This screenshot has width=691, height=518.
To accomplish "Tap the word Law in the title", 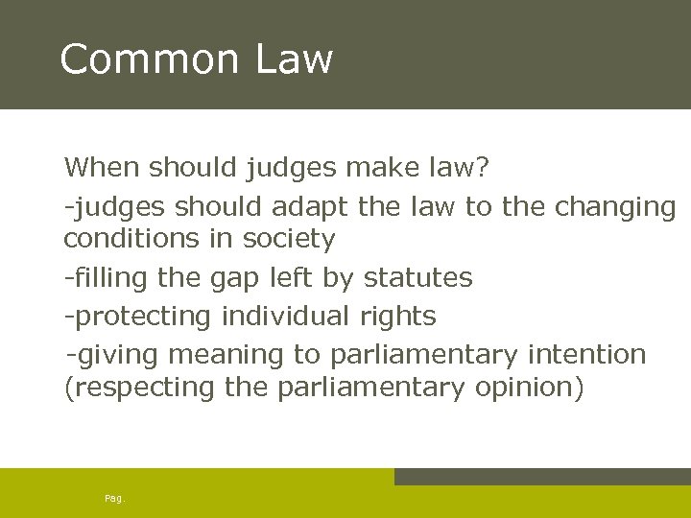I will click(x=294, y=59).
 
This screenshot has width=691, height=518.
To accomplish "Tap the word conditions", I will click(x=130, y=238).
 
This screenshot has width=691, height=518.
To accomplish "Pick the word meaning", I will click(x=226, y=356).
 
